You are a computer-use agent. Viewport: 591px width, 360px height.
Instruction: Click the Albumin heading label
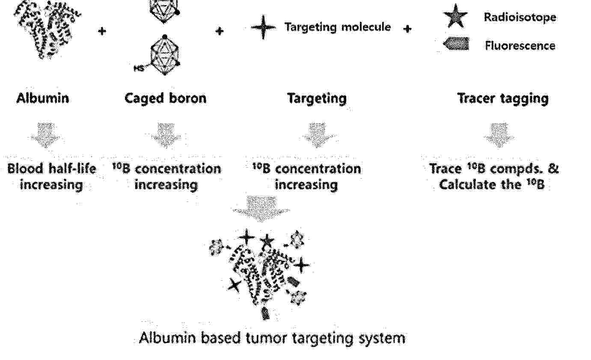click(x=43, y=98)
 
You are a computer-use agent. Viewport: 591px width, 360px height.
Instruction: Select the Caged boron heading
click(x=166, y=99)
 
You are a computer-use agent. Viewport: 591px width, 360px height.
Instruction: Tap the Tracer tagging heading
click(x=503, y=99)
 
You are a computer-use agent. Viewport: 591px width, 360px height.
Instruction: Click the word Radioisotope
click(x=520, y=18)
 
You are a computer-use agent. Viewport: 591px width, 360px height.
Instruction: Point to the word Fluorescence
click(x=520, y=46)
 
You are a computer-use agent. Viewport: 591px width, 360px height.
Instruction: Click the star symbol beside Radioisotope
click(x=456, y=16)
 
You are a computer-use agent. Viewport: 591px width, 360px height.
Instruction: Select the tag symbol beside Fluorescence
click(x=456, y=44)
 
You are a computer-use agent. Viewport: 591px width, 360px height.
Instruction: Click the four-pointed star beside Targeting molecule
click(x=263, y=27)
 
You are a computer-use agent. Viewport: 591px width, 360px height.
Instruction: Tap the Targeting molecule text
click(x=338, y=27)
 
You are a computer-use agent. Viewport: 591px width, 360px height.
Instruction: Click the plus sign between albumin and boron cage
click(x=102, y=31)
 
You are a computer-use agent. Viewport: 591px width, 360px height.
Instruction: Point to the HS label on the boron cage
click(x=139, y=68)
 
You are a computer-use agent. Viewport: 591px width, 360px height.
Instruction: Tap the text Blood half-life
click(x=52, y=169)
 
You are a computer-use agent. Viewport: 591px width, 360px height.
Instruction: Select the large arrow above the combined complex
click(x=261, y=209)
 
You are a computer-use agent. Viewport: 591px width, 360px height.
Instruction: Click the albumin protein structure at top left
click(x=48, y=29)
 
